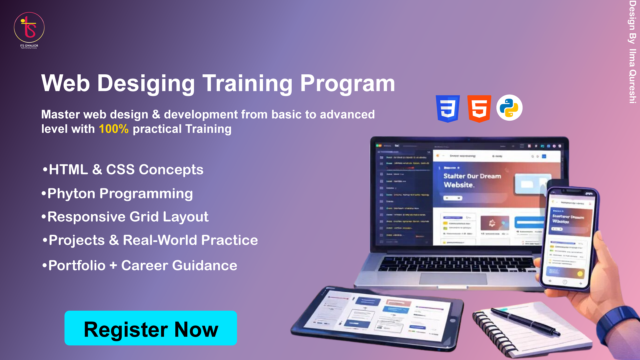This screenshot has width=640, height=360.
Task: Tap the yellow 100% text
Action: click(113, 129)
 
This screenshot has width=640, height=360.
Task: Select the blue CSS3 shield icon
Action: click(448, 108)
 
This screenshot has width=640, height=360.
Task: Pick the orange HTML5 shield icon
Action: click(479, 108)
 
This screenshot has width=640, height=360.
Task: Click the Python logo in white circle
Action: click(509, 108)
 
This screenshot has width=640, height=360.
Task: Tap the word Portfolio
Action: click(77, 266)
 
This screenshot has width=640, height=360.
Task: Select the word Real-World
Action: click(160, 240)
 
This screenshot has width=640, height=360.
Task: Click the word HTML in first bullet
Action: click(68, 170)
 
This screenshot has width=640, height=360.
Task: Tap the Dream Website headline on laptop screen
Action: click(472, 180)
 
